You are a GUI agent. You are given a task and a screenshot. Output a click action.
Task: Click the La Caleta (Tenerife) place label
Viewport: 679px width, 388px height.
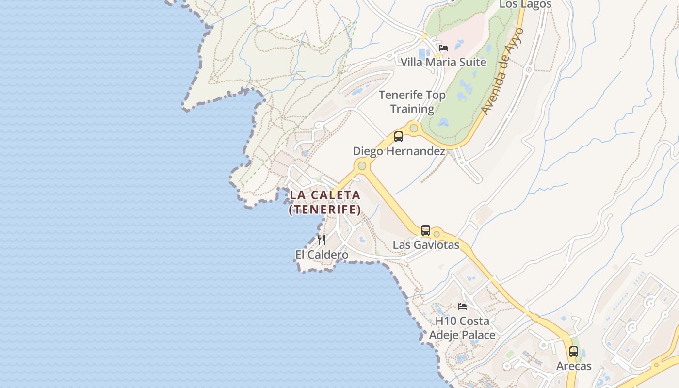tap(325, 202)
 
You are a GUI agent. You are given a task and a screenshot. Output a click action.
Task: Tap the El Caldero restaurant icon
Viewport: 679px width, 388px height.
tap(322, 240)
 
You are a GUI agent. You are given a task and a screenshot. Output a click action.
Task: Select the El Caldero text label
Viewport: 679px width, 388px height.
tap(322, 255)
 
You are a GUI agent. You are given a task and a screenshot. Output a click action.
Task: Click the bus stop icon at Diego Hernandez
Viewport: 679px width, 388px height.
tap(399, 137)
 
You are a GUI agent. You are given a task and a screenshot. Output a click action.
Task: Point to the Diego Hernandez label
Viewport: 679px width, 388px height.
tap(399, 151)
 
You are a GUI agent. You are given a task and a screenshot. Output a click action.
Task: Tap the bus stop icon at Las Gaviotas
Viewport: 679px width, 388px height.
tap(426, 230)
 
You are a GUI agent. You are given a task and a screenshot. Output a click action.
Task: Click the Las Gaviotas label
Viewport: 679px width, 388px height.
tap(426, 245)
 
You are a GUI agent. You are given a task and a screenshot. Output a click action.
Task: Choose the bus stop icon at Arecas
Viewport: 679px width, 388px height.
tap(574, 352)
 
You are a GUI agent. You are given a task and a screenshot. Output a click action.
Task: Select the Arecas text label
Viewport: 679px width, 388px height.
tap(574, 366)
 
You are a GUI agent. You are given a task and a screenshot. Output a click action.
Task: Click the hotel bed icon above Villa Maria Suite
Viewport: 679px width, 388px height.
tap(443, 48)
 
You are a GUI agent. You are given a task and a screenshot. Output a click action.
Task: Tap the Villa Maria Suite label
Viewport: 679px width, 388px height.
tap(443, 62)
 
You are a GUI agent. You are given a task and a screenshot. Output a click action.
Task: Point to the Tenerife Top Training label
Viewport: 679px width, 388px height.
tap(412, 102)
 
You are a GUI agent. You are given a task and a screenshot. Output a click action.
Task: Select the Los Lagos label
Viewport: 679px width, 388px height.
tap(525, 4)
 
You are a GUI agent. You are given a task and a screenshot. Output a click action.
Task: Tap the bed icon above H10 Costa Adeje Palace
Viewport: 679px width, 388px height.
tap(462, 307)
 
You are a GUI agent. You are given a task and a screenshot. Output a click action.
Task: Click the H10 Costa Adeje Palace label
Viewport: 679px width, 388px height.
tap(462, 328)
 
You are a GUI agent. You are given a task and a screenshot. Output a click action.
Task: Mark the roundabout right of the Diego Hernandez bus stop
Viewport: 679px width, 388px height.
tap(414, 129)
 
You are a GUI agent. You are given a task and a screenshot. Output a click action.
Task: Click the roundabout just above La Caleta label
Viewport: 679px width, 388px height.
tap(361, 166)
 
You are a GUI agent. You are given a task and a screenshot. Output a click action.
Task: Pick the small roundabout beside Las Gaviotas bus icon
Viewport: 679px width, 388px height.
tap(436, 234)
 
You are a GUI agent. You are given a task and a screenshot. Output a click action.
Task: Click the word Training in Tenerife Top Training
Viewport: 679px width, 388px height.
tap(412, 109)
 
